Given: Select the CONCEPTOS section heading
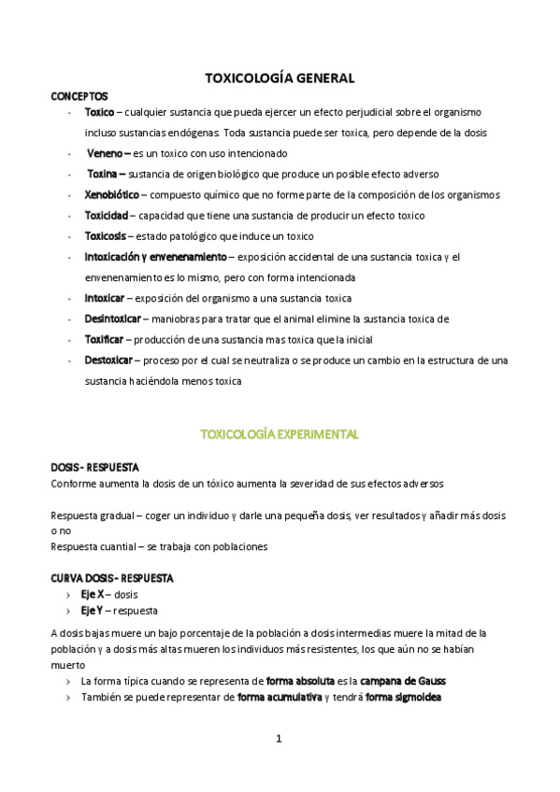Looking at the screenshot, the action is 79,96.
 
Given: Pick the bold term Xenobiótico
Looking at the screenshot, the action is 111,194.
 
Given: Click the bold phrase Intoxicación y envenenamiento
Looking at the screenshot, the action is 155,257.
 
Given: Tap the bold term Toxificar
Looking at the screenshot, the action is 103,340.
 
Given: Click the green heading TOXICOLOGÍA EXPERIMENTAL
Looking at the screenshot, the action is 280,434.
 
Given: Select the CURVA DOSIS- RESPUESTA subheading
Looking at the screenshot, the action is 111,577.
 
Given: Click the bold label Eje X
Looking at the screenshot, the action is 93,593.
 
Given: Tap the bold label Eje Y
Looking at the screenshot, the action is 92,611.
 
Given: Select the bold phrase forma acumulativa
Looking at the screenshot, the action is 280,697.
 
